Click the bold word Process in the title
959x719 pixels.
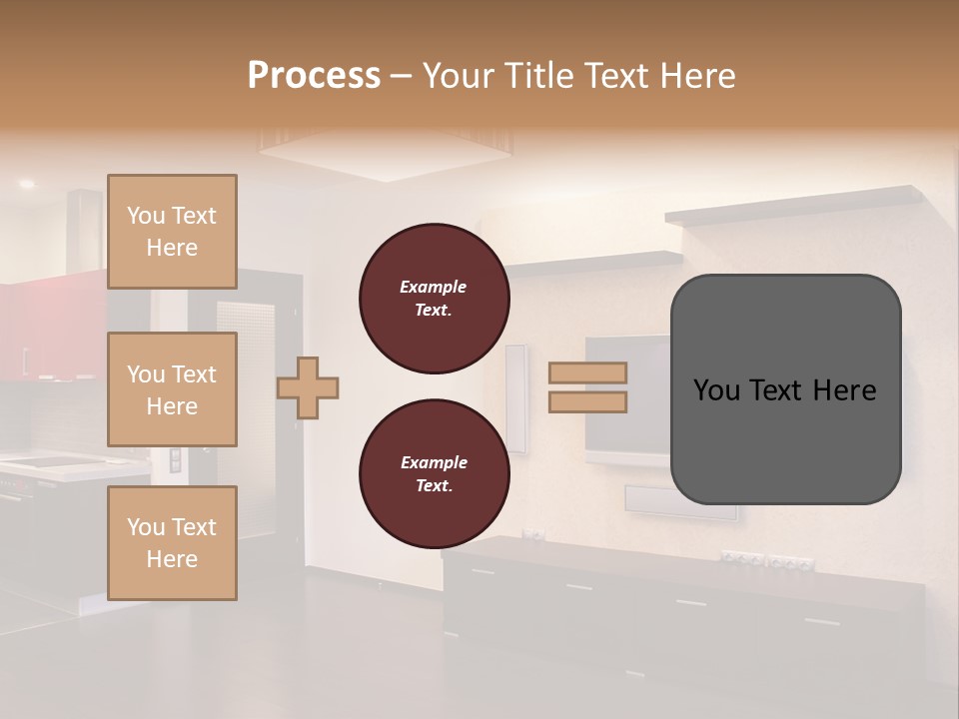point(314,76)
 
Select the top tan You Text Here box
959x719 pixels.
point(172,232)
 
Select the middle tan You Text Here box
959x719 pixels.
point(172,389)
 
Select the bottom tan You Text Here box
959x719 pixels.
point(172,543)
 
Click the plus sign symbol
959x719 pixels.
point(308,387)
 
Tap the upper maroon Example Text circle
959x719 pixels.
point(434,299)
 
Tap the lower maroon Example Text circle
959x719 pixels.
point(434,473)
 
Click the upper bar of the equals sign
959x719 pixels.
point(587,373)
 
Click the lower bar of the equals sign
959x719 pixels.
point(587,401)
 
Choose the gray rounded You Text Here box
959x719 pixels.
point(785,389)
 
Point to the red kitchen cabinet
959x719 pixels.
point(50,330)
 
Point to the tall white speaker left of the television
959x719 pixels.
point(515,397)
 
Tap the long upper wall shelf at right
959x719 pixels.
point(794,206)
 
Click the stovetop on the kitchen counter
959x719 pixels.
point(50,461)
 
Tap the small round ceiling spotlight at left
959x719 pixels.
point(27,184)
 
